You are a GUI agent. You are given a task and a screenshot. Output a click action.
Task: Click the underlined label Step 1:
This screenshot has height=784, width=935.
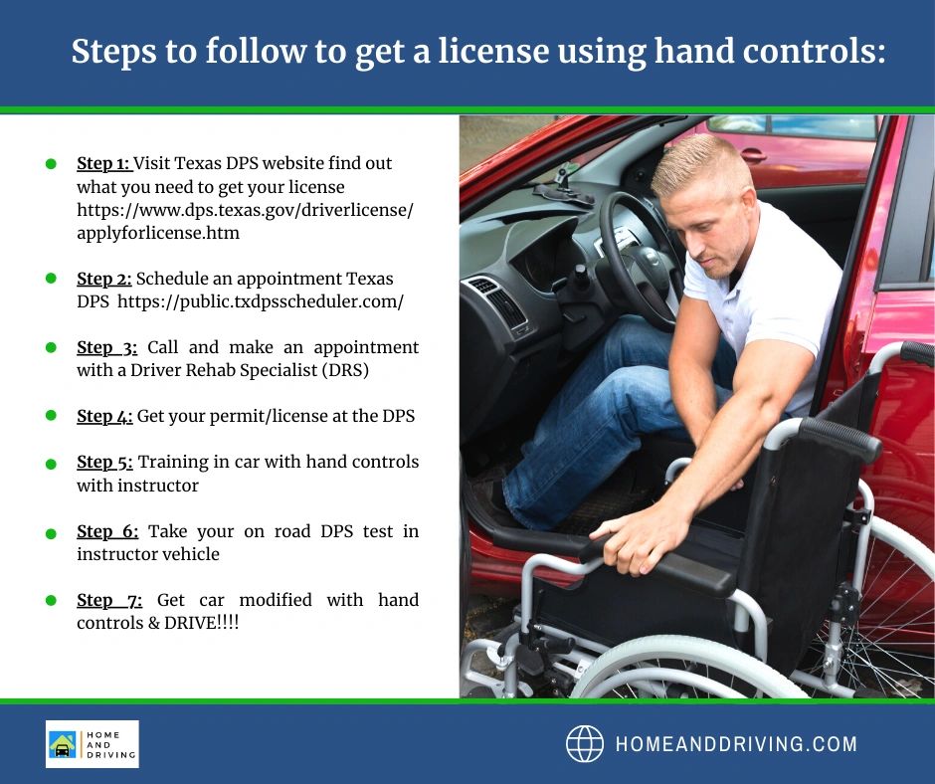tap(103, 163)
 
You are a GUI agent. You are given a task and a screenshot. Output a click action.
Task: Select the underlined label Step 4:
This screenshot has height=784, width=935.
tap(104, 416)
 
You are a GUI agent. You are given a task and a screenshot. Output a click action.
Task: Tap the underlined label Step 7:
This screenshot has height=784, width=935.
tap(109, 600)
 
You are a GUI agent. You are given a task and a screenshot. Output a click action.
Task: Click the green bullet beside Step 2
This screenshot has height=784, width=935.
tap(51, 278)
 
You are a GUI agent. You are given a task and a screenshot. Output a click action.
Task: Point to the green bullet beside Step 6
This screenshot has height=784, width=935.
tap(51, 533)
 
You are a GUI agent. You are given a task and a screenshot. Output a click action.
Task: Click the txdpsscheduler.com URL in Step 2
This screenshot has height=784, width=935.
tap(261, 301)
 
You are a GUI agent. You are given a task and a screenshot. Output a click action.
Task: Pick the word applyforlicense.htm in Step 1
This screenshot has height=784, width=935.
tap(158, 233)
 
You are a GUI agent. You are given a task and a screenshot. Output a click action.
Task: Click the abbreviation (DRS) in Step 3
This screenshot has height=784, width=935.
tap(345, 370)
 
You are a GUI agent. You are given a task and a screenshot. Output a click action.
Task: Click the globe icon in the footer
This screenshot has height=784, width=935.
tap(585, 744)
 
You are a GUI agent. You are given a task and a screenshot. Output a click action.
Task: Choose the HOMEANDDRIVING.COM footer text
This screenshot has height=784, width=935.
tap(736, 744)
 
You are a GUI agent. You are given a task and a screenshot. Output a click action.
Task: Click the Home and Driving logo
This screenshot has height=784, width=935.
tap(92, 744)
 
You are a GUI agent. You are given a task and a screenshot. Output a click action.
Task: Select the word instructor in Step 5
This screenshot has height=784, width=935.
tap(157, 486)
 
